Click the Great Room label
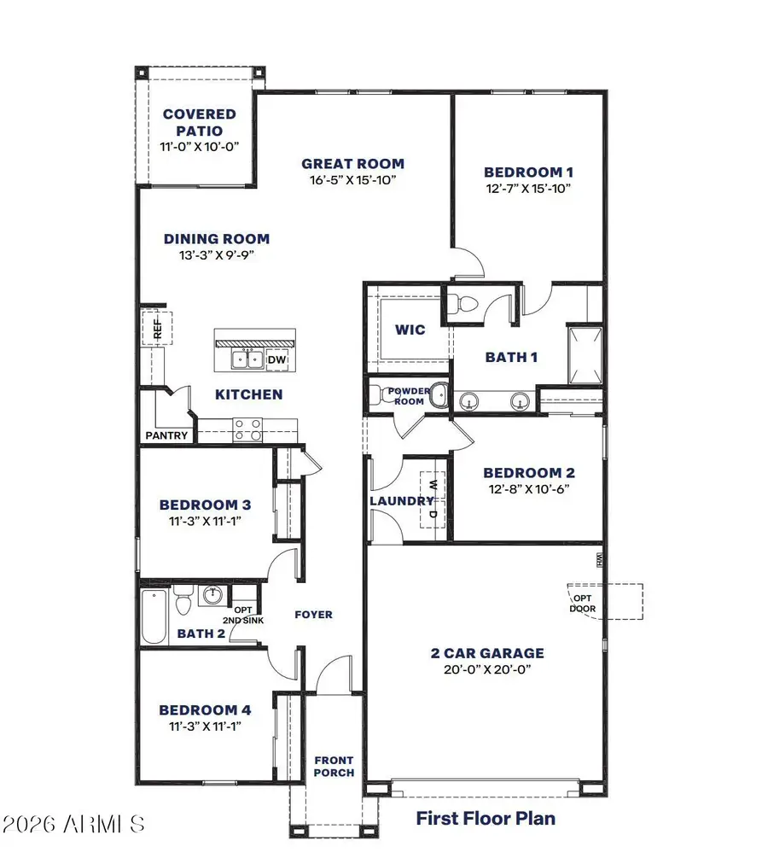point(352,164)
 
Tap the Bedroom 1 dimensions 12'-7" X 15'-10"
point(528,189)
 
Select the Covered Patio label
point(200,122)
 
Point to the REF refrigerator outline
point(158,329)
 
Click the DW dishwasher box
point(276,359)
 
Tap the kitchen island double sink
point(247,359)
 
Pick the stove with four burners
point(248,429)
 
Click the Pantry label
point(166,435)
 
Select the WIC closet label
point(410,330)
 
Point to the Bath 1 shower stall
point(585,355)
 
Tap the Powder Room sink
point(439,394)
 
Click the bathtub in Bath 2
point(154,616)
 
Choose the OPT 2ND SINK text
point(243,615)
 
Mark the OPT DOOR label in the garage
point(582,604)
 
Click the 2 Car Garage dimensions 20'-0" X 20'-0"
point(487,669)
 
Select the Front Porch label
point(334,767)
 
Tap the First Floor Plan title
point(486,818)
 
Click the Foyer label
point(313,615)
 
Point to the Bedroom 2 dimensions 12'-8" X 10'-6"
point(528,489)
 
